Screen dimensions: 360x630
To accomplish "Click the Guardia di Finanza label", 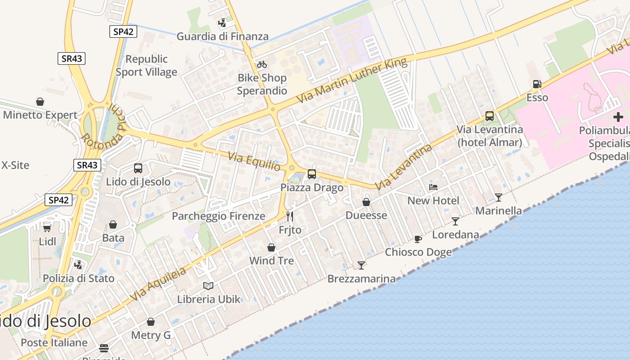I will pos(222,36).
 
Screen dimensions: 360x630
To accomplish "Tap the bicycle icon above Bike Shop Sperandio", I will pos(262,64).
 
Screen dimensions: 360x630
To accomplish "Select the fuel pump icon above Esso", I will pos(537,84).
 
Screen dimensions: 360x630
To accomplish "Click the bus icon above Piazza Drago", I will pos(312,174).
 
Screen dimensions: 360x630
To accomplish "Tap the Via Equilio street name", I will pos(254,161).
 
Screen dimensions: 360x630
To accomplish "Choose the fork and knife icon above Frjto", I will pos(290,216).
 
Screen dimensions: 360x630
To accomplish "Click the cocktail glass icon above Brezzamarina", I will pos(361,265).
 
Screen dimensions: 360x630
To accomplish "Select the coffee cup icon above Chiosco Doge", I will pos(418,239).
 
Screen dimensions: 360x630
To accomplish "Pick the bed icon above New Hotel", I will pos(433,187).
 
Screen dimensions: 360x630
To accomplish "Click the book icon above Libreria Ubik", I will pos(208,286).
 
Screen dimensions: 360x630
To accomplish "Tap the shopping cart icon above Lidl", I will pos(47,228).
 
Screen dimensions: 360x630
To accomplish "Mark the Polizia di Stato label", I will pos(79,278).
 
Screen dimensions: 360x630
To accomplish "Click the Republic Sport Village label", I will pos(146,66).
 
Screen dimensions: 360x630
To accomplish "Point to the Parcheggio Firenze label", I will pos(219,216).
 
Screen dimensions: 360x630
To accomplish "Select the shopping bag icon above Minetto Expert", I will pos(40,102).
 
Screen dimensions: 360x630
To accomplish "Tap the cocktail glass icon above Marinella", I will pos(499,197).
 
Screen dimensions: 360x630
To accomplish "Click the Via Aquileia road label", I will pos(158,284).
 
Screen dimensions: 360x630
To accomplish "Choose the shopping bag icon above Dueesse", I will pos(366,202).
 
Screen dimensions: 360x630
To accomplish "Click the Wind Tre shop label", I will pos(271,261).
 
